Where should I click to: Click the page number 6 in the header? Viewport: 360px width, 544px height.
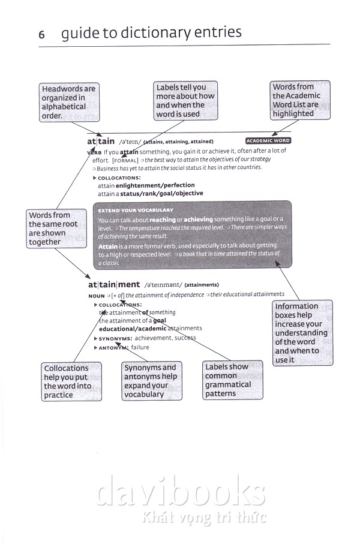[42, 35]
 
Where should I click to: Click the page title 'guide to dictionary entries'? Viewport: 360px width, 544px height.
[151, 33]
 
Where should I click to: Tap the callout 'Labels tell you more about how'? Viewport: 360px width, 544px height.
[185, 101]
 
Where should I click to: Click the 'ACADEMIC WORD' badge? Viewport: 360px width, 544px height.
[268, 140]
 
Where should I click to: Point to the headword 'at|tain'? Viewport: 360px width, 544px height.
[101, 142]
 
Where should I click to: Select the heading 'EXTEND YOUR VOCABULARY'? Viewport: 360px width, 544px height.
[136, 211]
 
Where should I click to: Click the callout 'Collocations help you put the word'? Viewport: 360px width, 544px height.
[67, 381]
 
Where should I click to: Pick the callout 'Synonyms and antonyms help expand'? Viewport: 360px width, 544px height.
[150, 381]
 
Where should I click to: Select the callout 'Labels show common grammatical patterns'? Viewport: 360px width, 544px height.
[233, 380]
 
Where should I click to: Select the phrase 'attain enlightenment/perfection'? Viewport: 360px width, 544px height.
[141, 186]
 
